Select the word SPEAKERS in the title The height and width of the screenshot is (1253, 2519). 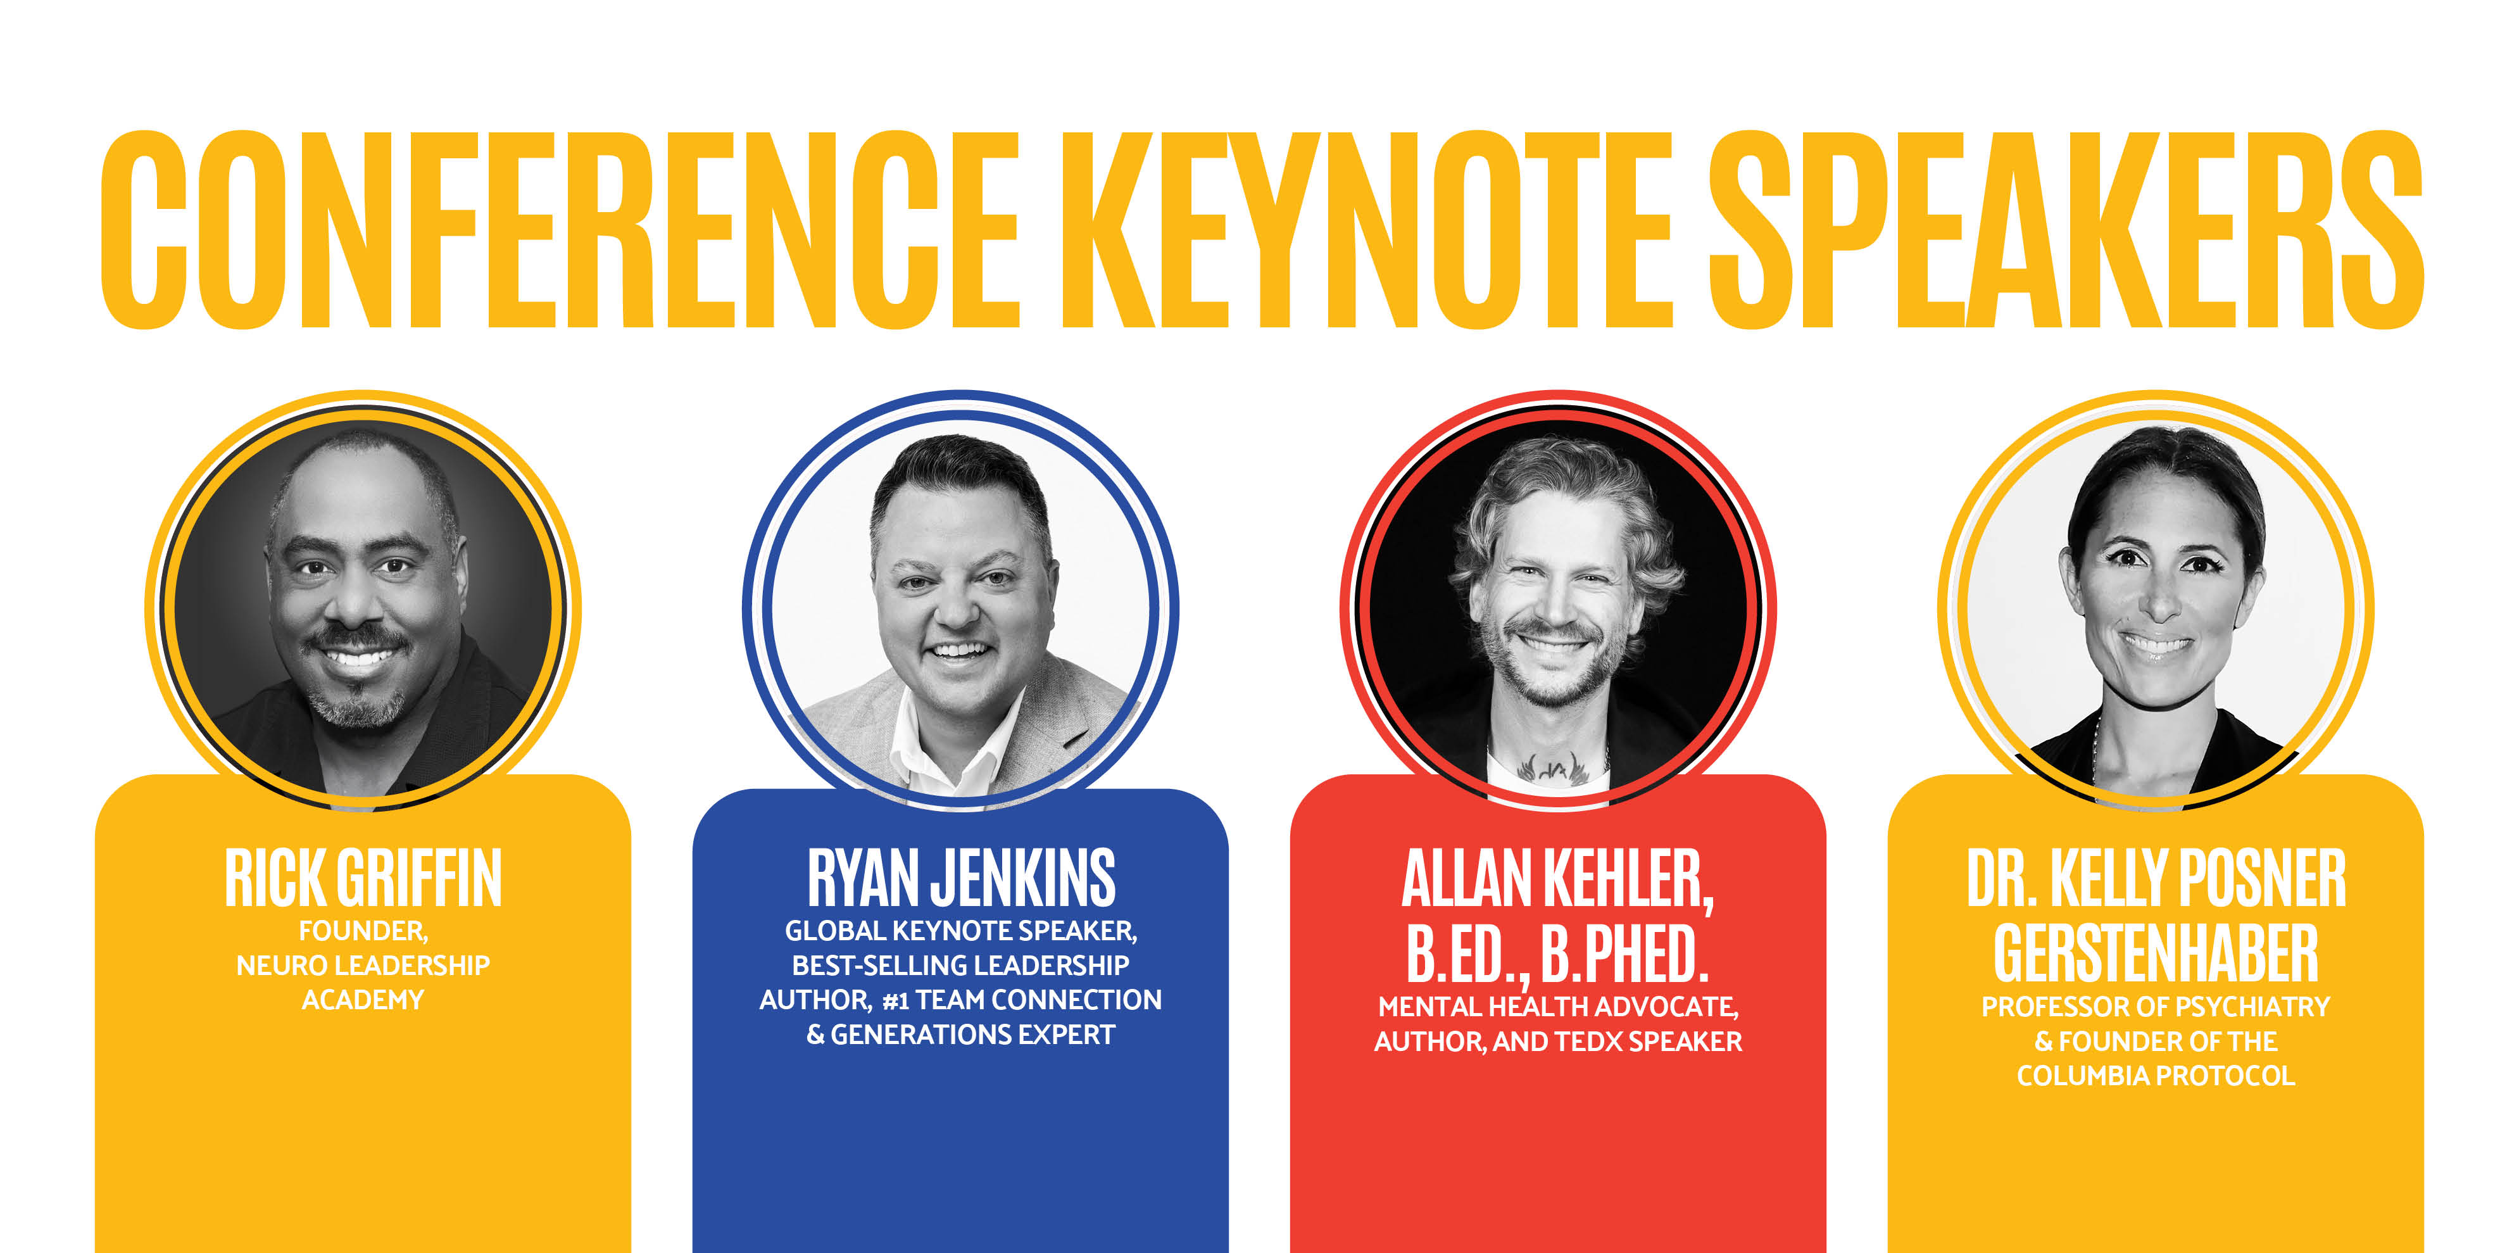point(2065,231)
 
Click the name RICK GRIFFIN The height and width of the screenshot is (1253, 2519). point(363,878)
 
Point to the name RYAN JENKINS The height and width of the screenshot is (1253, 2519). point(960,878)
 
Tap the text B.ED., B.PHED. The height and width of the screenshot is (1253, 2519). point(1558,954)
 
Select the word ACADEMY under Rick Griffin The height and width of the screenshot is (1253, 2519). point(363,1000)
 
